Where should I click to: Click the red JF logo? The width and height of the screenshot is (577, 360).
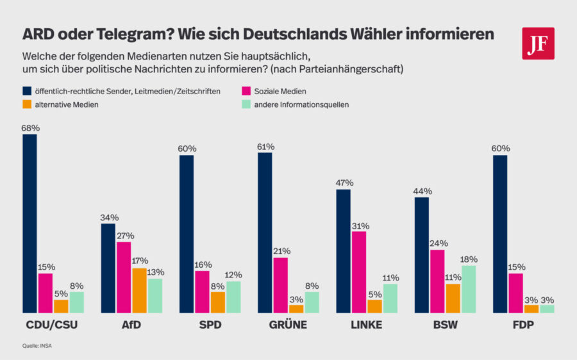click(538, 43)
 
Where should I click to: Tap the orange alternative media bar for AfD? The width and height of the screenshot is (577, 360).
click(139, 290)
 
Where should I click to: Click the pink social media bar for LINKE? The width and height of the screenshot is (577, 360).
click(359, 272)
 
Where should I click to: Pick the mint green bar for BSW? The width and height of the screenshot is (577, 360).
click(469, 289)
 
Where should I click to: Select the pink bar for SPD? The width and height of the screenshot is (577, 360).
click(202, 291)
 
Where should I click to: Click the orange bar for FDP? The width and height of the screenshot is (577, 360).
click(531, 309)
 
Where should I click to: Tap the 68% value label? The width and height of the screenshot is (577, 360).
click(29, 128)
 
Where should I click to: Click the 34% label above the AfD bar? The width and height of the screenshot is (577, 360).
click(108, 218)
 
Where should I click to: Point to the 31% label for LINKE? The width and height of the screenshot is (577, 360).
click(359, 225)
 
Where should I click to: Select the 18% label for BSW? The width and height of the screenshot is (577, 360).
click(469, 259)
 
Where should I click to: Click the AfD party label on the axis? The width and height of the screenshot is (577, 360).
click(131, 325)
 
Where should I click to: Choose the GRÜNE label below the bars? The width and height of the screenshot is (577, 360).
click(288, 325)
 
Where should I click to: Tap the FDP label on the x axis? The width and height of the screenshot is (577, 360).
click(523, 325)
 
